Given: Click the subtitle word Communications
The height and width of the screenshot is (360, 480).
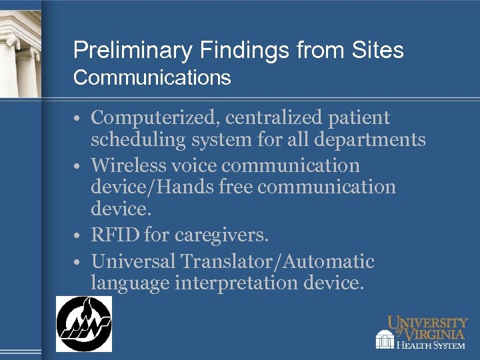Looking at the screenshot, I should click(x=152, y=78).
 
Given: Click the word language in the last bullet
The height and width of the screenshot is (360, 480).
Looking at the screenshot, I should click(x=130, y=284).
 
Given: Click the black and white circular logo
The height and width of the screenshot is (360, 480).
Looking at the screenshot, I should click(x=83, y=324).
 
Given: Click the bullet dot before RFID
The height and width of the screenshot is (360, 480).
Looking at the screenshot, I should click(x=78, y=235).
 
